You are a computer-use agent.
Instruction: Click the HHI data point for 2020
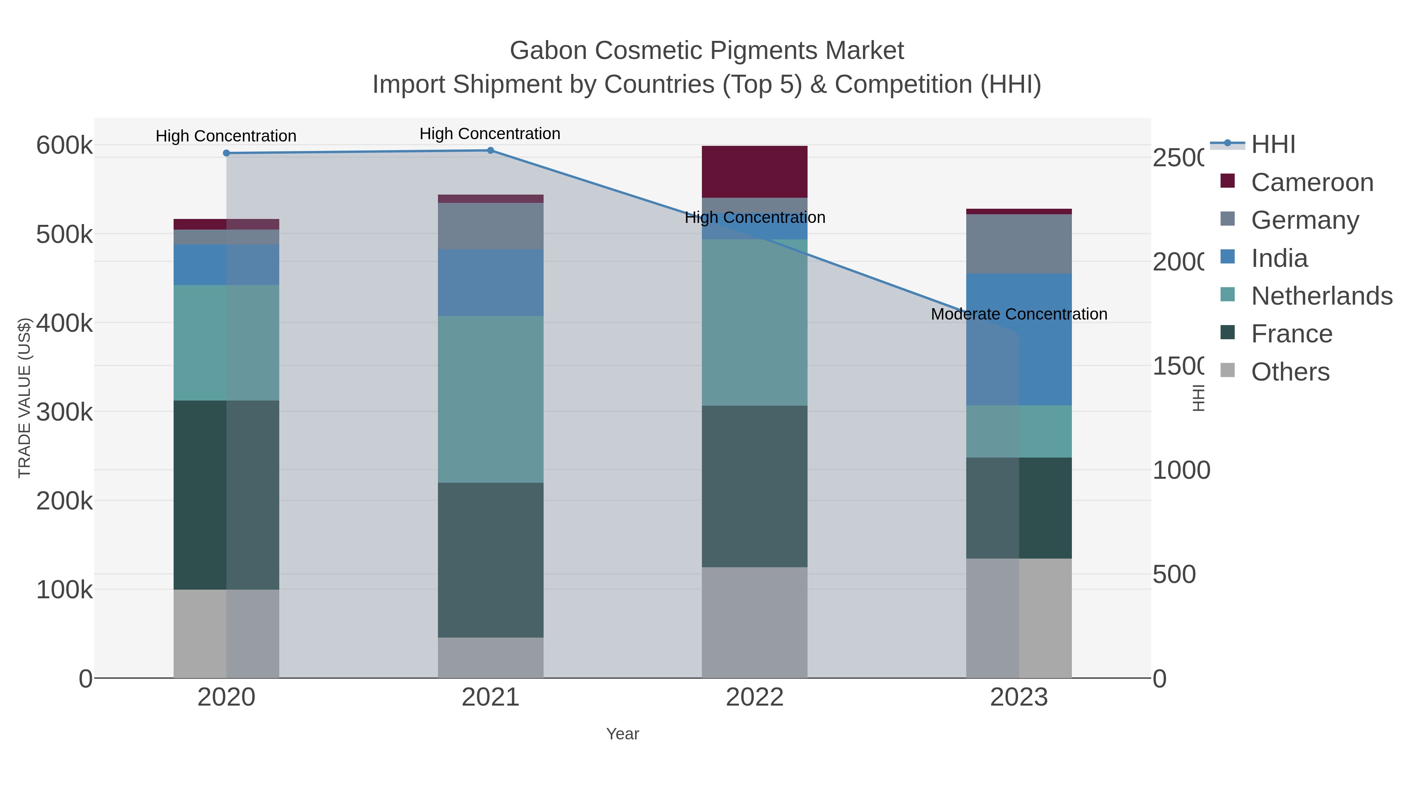tap(226, 153)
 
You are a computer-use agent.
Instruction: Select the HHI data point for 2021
tap(490, 151)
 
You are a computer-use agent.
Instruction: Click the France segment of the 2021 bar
tap(490, 560)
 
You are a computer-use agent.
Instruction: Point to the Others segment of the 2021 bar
tap(490, 658)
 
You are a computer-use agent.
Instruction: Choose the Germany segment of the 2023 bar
tap(1019, 244)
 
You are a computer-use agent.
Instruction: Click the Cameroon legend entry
tap(1311, 182)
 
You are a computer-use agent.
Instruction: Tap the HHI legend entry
tap(1273, 145)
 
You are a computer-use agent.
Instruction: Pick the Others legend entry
tap(1289, 372)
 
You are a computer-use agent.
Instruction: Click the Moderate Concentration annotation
tap(1019, 314)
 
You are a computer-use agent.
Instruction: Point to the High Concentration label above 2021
tap(490, 134)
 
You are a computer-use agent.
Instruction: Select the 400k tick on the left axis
tap(64, 323)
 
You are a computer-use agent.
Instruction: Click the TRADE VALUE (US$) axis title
tap(25, 398)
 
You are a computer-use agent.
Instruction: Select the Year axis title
tap(623, 734)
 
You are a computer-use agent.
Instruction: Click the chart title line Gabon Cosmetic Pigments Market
tap(707, 51)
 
